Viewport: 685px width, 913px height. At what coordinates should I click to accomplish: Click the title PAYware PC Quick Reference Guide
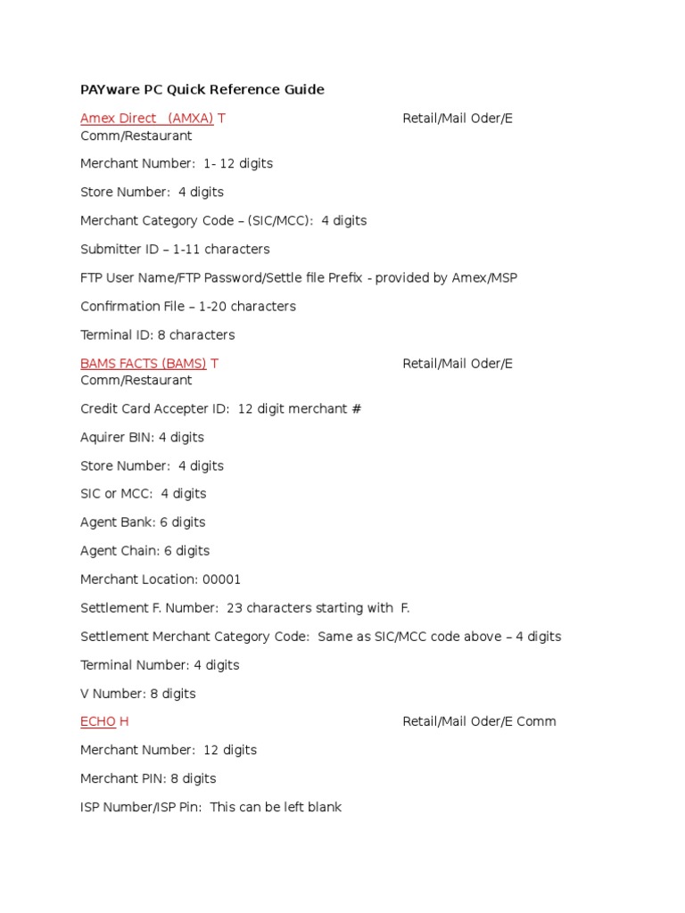pos(202,89)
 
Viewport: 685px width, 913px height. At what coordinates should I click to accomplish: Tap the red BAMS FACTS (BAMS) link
pos(143,364)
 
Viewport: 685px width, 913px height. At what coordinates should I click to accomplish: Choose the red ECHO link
pos(98,721)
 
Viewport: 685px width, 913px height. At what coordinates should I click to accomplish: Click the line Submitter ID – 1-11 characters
pos(175,250)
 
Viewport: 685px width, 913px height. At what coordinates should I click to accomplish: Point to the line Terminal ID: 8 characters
pos(158,335)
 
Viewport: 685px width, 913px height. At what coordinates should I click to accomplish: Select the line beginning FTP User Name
pos(299,278)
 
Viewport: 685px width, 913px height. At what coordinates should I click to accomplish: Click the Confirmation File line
pos(188,307)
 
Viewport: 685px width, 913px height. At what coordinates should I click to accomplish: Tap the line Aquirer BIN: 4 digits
pos(142,438)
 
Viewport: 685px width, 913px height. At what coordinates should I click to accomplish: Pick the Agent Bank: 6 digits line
pos(143,522)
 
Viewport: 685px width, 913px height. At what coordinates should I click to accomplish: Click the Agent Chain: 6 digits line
pos(145,551)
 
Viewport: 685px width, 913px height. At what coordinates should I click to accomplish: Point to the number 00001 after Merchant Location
pos(222,580)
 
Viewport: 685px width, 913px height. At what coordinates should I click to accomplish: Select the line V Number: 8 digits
pos(138,694)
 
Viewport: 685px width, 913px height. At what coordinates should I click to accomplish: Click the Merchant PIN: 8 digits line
pos(148,778)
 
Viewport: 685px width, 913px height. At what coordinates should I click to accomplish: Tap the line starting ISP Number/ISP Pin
pos(211,807)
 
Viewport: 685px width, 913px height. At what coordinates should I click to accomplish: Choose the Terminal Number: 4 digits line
pos(160,665)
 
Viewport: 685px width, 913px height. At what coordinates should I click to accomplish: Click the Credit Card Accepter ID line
pos(220,409)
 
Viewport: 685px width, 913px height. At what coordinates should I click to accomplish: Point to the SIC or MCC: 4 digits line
pos(143,494)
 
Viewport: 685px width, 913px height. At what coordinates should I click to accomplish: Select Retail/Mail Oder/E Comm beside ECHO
pos(479,721)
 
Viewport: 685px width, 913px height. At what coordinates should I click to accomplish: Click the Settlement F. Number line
pos(245,608)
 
